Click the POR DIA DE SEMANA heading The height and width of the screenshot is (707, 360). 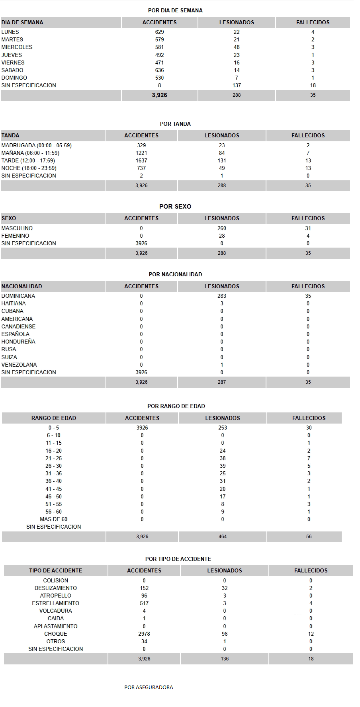(x=175, y=10)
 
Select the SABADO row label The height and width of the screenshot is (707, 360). (x=12, y=70)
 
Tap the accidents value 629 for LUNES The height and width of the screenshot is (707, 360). (x=159, y=32)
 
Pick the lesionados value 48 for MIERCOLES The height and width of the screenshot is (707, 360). (x=237, y=47)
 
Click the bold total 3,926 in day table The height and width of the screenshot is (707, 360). (x=159, y=95)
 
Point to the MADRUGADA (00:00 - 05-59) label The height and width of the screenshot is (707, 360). (x=37, y=145)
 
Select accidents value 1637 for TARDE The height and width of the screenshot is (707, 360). (x=141, y=160)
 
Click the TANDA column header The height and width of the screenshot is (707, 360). (x=10, y=135)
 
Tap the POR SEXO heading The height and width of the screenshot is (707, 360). (x=175, y=206)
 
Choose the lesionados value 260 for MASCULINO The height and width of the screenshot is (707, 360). (x=222, y=228)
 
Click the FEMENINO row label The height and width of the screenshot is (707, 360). (x=15, y=236)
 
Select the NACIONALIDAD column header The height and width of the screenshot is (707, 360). (x=22, y=286)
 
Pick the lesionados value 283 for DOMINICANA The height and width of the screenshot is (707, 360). (x=222, y=296)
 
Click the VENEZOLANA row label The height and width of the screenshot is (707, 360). (x=19, y=365)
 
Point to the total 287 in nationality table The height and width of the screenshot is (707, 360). (x=222, y=382)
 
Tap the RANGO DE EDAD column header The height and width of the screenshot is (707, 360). (x=54, y=418)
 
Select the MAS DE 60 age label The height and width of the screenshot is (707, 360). (x=53, y=519)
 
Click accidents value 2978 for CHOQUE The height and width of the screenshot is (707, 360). (x=144, y=634)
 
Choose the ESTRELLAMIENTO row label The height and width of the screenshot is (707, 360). (x=56, y=603)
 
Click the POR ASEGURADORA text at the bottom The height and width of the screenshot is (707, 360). (x=149, y=687)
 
